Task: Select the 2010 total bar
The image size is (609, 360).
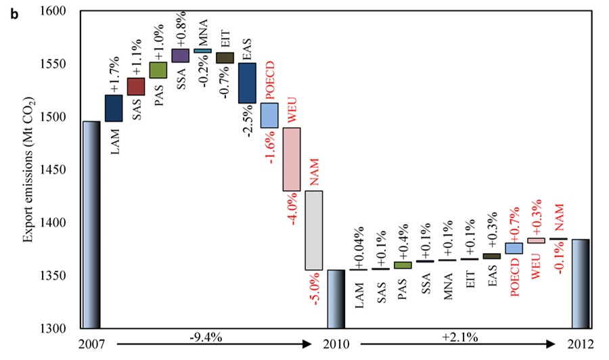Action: (x=336, y=298)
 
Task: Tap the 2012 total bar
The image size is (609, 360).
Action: (x=581, y=284)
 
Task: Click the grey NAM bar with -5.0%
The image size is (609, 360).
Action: (x=314, y=230)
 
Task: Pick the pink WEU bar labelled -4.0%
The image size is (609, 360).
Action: (x=292, y=159)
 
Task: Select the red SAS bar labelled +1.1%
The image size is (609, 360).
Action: (x=136, y=87)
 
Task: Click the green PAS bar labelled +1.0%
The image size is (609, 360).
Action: (x=158, y=70)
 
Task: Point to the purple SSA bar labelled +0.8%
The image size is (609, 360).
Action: (x=181, y=55)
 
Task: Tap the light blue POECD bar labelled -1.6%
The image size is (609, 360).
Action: (x=269, y=115)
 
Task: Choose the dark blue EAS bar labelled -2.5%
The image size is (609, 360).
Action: (x=247, y=83)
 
